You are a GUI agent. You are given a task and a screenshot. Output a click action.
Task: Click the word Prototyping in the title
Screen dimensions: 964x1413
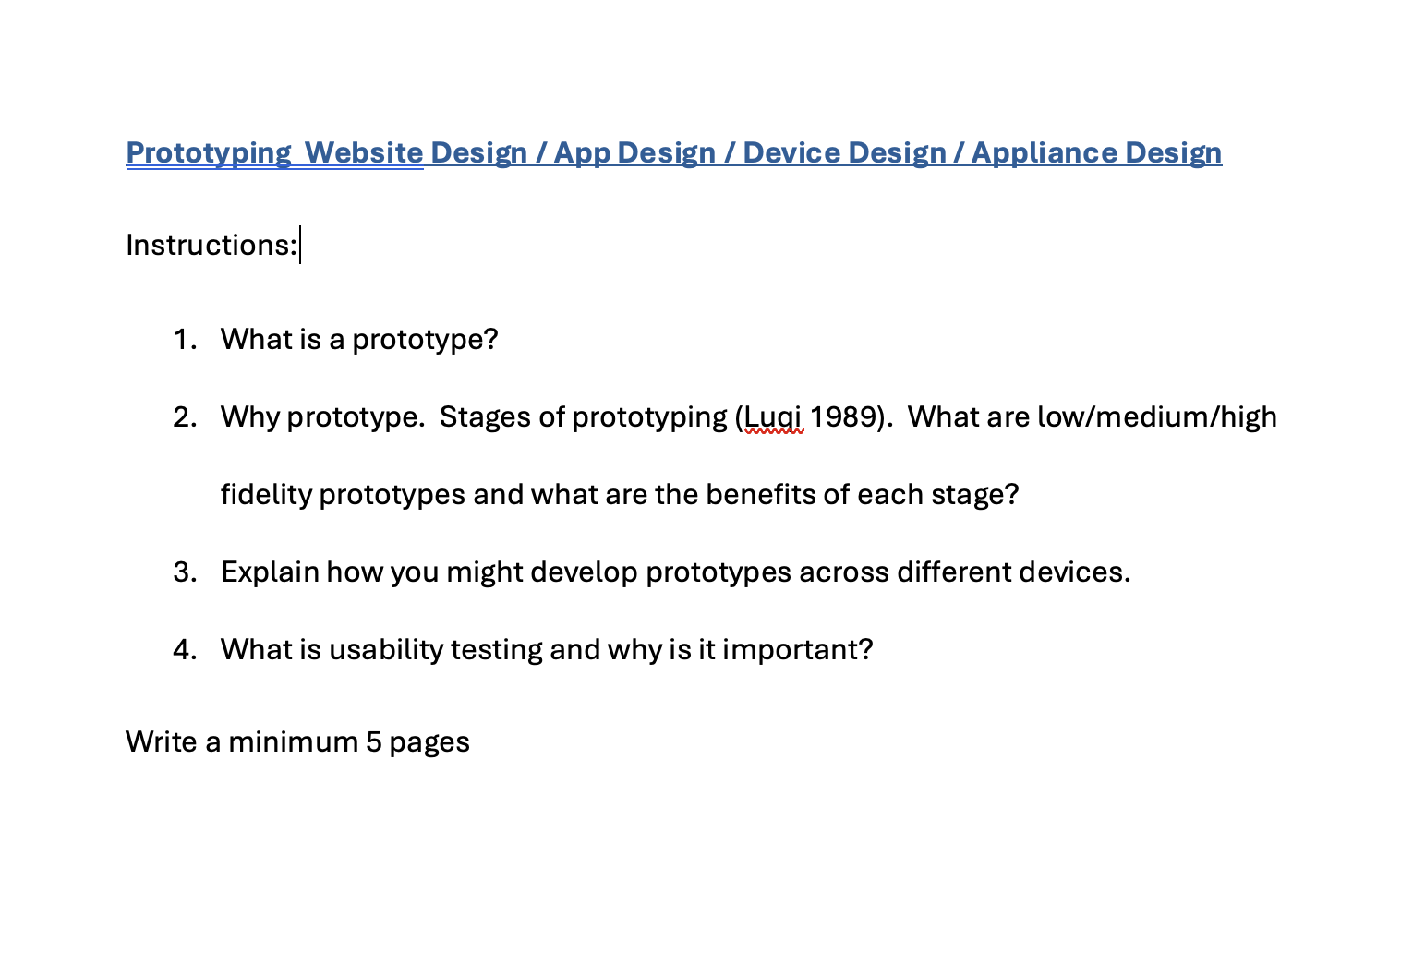click(208, 152)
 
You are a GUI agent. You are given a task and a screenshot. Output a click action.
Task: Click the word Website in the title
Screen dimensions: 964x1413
click(364, 152)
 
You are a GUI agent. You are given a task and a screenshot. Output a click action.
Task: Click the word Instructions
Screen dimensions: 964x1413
click(211, 245)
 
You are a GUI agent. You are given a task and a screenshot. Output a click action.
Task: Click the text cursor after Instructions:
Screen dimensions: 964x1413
click(300, 245)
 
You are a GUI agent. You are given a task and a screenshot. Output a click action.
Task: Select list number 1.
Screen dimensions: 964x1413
click(184, 340)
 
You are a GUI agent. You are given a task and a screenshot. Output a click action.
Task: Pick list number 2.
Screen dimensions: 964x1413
click(184, 417)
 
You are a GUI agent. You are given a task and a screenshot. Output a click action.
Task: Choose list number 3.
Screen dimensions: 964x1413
click(184, 572)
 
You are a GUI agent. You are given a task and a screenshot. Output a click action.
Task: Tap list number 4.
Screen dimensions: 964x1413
click(184, 650)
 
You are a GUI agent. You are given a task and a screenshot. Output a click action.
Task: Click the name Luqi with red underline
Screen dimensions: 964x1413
click(774, 417)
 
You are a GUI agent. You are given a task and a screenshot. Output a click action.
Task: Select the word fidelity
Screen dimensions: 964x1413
click(266, 495)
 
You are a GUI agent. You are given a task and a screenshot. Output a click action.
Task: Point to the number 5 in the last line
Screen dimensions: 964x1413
click(373, 742)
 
